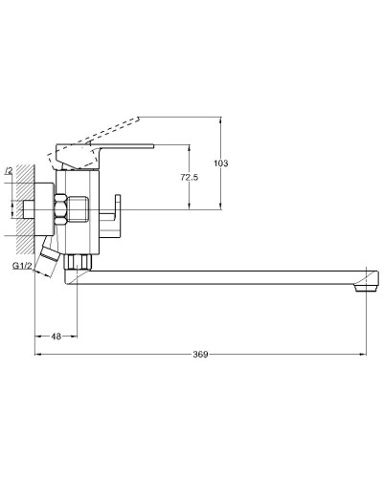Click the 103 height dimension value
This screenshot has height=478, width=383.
(x=221, y=163)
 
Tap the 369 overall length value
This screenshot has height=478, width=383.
(x=200, y=355)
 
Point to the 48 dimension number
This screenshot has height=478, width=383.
(x=56, y=336)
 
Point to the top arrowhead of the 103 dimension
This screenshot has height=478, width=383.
(x=221, y=120)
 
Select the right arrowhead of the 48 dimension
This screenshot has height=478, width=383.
(x=74, y=336)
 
